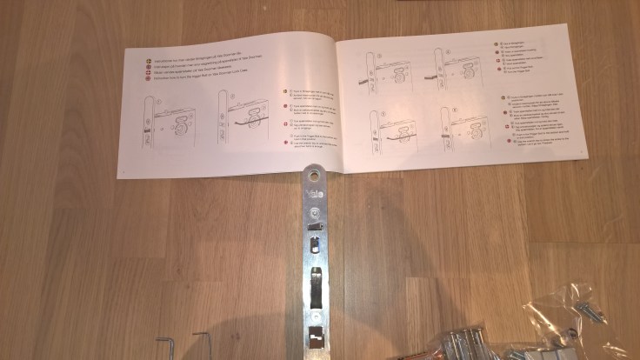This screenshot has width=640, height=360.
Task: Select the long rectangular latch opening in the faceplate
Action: (317, 288)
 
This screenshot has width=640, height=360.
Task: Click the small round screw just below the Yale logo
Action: (313, 211)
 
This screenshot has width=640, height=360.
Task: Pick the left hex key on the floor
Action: (166, 346)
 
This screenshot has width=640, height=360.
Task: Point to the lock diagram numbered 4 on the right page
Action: (457, 68)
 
